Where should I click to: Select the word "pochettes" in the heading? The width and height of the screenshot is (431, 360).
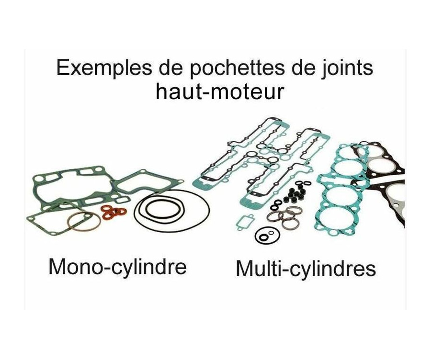(x=222, y=68)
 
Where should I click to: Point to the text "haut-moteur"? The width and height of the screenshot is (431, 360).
(x=220, y=92)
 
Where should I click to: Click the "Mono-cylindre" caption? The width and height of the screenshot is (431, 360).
(x=117, y=266)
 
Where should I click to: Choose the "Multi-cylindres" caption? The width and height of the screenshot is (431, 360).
(x=306, y=269)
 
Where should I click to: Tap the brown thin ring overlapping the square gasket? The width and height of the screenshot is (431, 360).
(x=83, y=222)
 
